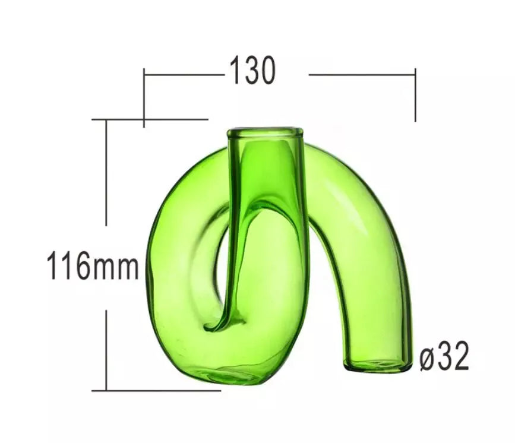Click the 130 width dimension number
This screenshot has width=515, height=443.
(252, 71)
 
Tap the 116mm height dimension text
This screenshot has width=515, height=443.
(93, 265)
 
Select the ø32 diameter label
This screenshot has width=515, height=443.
(444, 356)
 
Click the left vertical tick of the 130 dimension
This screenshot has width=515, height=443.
(144, 97)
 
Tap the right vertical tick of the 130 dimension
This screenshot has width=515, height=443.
(415, 95)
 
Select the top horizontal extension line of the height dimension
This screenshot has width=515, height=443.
(150, 119)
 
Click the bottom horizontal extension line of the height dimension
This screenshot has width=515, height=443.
(156, 391)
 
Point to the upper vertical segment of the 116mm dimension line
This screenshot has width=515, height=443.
(106, 172)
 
